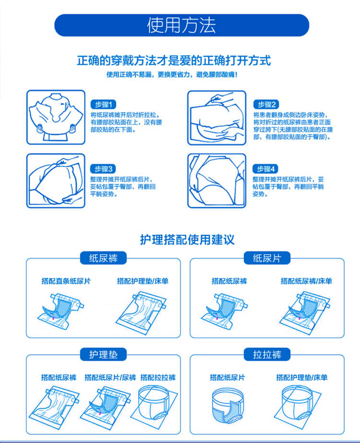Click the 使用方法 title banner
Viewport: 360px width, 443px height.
[181, 25]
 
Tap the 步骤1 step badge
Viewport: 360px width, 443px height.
[103, 105]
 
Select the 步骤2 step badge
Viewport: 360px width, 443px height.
[266, 105]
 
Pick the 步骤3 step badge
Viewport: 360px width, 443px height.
[103, 169]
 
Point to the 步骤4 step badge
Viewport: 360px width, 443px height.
[265, 169]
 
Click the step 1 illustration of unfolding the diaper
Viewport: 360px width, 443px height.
[56, 117]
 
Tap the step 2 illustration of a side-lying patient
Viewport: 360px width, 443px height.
[217, 118]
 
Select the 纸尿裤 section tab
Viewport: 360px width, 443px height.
[103, 258]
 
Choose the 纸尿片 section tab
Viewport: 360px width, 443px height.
[267, 258]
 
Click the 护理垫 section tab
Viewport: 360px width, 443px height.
[103, 354]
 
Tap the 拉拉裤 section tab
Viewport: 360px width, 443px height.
[267, 354]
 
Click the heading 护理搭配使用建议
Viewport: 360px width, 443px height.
[187, 240]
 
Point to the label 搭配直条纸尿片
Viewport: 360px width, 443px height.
[66, 281]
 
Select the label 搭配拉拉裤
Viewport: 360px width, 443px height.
[158, 378]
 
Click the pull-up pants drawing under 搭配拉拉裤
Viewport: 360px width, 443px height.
[154, 405]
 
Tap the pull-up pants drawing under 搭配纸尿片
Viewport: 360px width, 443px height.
[228, 406]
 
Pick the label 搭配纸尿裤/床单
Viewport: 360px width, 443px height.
[306, 281]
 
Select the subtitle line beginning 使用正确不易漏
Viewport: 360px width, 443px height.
[172, 74]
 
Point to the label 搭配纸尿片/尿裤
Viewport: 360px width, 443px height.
[110, 378]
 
